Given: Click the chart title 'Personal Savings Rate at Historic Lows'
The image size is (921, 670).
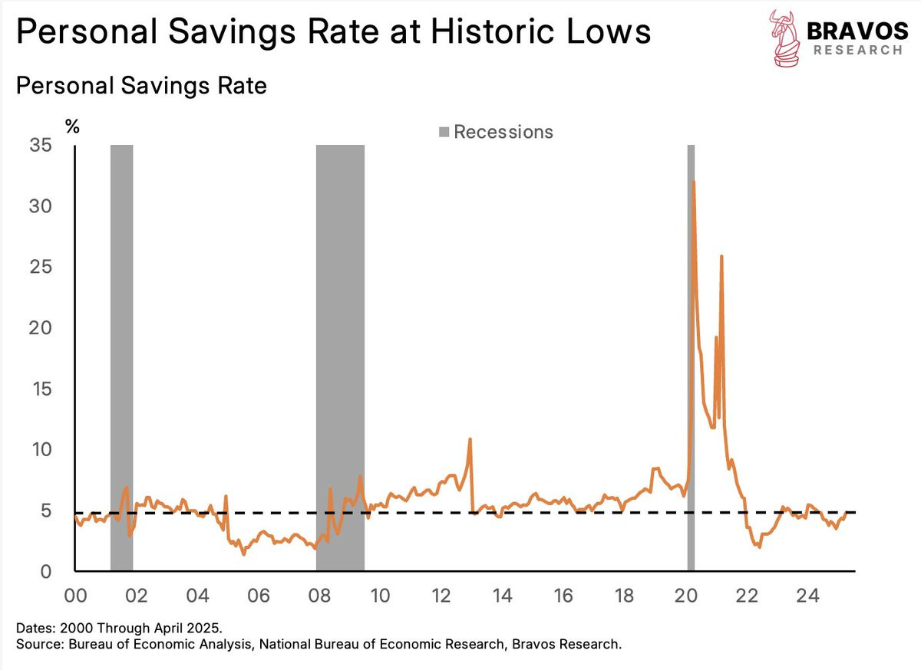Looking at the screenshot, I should coord(333,33).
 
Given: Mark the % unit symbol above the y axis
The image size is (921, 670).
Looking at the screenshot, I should coord(72,126).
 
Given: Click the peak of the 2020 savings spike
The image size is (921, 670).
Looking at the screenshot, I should coord(694,182).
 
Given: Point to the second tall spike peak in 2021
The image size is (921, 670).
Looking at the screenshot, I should coord(721,256).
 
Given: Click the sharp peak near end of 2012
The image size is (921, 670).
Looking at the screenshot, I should coord(470,438).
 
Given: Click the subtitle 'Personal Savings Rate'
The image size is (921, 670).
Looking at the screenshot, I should coord(141,85).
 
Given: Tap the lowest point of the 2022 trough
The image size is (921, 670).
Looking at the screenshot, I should coord(759,547).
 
